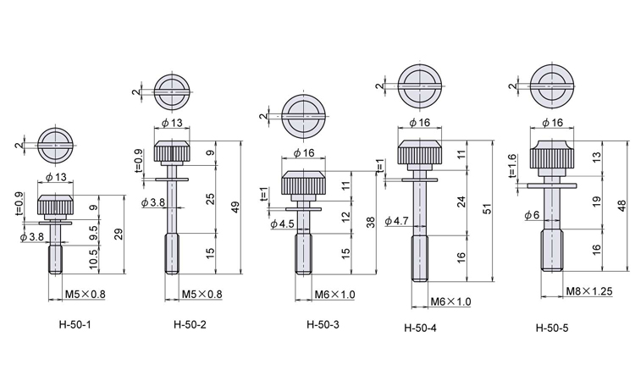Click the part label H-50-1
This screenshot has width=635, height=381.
pos(75,324)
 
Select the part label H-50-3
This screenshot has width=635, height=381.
pos(323,324)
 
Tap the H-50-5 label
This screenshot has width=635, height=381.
pos(552,328)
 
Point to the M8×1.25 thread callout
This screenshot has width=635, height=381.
pos(588,290)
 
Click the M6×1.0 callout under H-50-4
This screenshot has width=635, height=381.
pos(450,301)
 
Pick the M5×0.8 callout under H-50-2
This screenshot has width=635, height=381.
pos(202,294)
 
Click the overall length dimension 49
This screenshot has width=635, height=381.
pos(235,207)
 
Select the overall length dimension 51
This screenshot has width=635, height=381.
pos(488,209)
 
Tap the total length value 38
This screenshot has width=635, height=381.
pos(371,223)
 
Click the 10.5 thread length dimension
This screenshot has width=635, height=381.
pos(93,259)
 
